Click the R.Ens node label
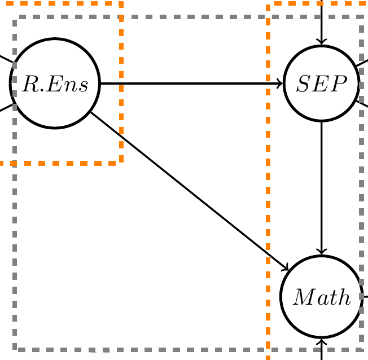pyautogui.click(x=55, y=84)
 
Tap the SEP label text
pyautogui.click(x=322, y=84)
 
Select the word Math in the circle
pyautogui.click(x=322, y=297)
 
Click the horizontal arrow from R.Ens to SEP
pyautogui.click(x=191, y=84)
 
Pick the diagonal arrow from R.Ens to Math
pyautogui.click(x=190, y=191)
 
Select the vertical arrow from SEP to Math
pyautogui.click(x=321, y=188)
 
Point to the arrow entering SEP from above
pyautogui.click(x=321, y=23)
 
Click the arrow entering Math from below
pyautogui.click(x=322, y=349)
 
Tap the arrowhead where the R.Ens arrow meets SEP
pyautogui.click(x=280, y=84)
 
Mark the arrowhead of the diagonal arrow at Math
pyautogui.click(x=285, y=268)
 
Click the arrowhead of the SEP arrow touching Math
pyautogui.click(x=321, y=252)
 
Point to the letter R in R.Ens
pyautogui.click(x=30, y=84)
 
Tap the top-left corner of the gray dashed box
pyautogui.click(x=15, y=17)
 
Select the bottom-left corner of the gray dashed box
pyautogui.click(x=15, y=349)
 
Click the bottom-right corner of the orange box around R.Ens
pyautogui.click(x=121, y=163)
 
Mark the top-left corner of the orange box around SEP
pyautogui.click(x=268, y=3)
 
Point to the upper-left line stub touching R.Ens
pyautogui.click(x=6, y=59)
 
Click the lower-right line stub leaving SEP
pyautogui.click(x=362, y=104)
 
